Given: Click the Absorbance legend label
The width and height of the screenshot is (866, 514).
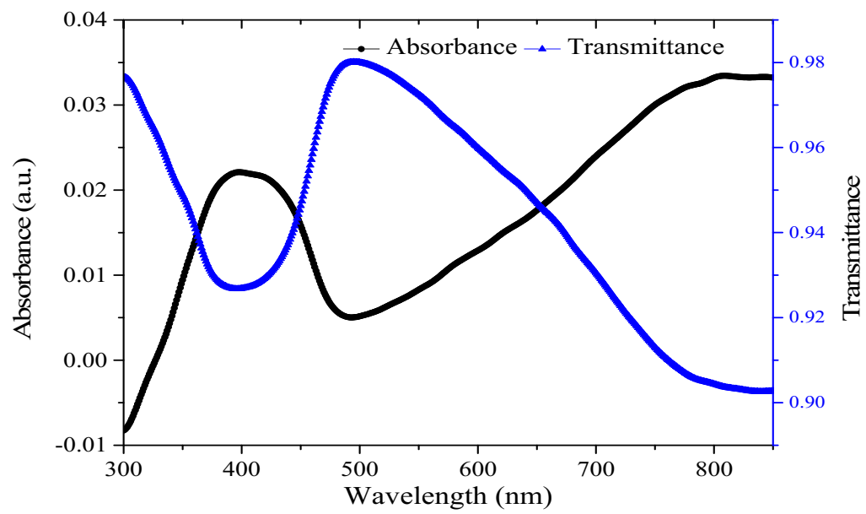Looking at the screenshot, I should coord(451,46).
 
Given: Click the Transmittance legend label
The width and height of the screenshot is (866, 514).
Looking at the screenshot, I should coord(646,46).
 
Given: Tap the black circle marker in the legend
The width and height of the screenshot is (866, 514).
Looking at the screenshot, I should coord(362,48).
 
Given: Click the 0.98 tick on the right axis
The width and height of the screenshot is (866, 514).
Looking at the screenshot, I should coord(804,63).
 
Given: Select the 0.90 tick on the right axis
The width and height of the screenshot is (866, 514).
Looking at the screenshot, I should coord(804,403).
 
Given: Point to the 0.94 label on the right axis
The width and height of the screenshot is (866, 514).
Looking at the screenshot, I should coord(804,233).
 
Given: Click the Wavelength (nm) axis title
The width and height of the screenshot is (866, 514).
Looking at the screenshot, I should coord(447,494).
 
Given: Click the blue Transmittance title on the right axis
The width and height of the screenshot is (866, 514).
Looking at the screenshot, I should coord(851,245).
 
